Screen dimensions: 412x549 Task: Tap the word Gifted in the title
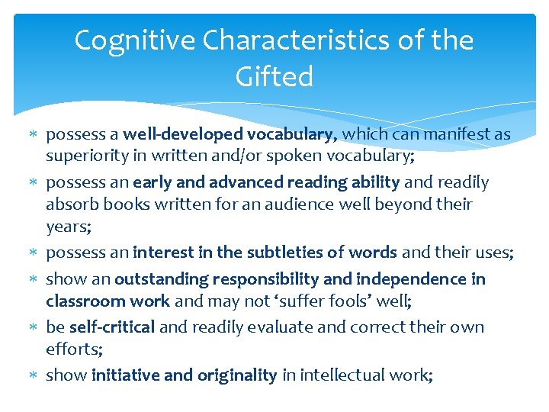tap(274, 76)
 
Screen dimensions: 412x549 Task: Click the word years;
tap(69, 227)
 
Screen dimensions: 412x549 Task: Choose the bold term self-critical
tap(112, 327)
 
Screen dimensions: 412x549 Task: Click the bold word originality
tap(237, 375)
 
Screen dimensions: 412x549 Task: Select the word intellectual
tap(343, 375)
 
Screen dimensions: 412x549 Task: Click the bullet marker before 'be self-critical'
tap(34, 328)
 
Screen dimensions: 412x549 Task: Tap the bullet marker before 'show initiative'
tap(34, 375)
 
